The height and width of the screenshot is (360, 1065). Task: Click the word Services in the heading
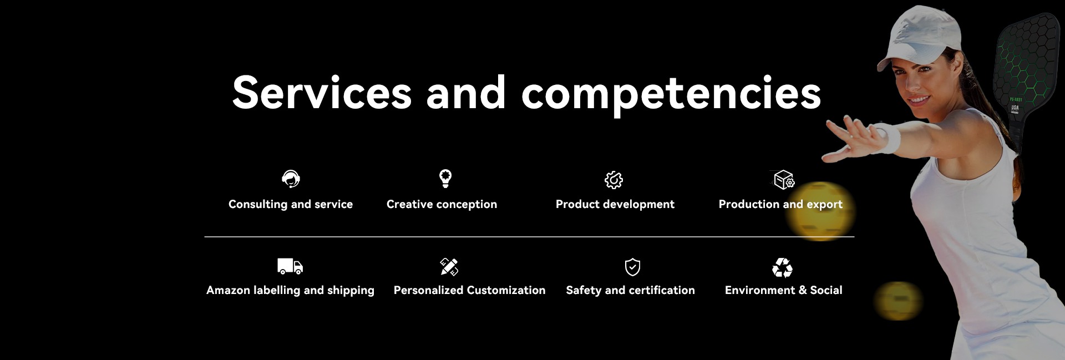click(322, 92)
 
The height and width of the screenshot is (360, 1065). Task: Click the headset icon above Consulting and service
click(291, 179)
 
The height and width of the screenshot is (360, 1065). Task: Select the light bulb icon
click(445, 179)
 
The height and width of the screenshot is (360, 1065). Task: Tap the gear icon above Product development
click(613, 180)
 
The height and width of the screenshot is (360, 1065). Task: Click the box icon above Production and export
click(784, 180)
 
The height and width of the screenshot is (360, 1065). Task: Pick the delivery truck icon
click(290, 266)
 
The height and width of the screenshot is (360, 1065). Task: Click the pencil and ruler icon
click(449, 267)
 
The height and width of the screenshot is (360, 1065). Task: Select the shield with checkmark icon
click(632, 267)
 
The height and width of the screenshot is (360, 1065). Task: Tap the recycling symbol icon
click(782, 267)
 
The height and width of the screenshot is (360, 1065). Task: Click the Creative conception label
click(442, 204)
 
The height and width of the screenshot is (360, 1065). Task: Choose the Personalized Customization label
click(469, 290)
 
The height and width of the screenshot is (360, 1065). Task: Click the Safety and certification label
click(630, 290)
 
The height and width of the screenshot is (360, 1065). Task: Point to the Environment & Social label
click(783, 290)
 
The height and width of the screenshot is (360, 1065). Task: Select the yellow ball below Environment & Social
click(898, 301)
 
